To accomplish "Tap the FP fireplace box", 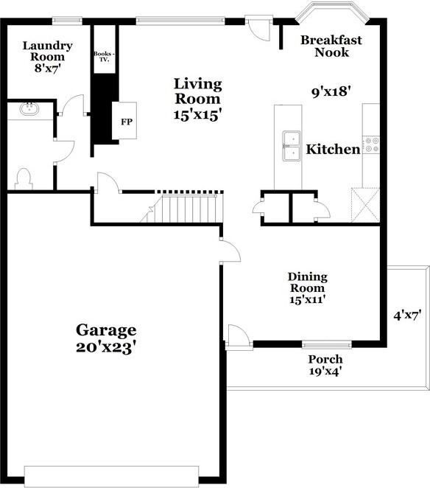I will click(x=127, y=120).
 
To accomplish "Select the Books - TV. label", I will click(x=102, y=57).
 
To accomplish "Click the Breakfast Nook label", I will click(x=331, y=46).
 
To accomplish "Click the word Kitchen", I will click(x=333, y=149).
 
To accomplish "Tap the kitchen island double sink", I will click(x=292, y=144).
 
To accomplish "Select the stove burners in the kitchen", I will click(x=372, y=144).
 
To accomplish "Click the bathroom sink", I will click(x=31, y=110).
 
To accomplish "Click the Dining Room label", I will click(x=307, y=282).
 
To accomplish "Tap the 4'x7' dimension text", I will click(x=406, y=315).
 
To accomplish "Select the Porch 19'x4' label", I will click(x=325, y=365).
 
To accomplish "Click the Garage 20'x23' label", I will click(x=107, y=338).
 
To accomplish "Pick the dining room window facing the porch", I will click(x=326, y=344).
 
